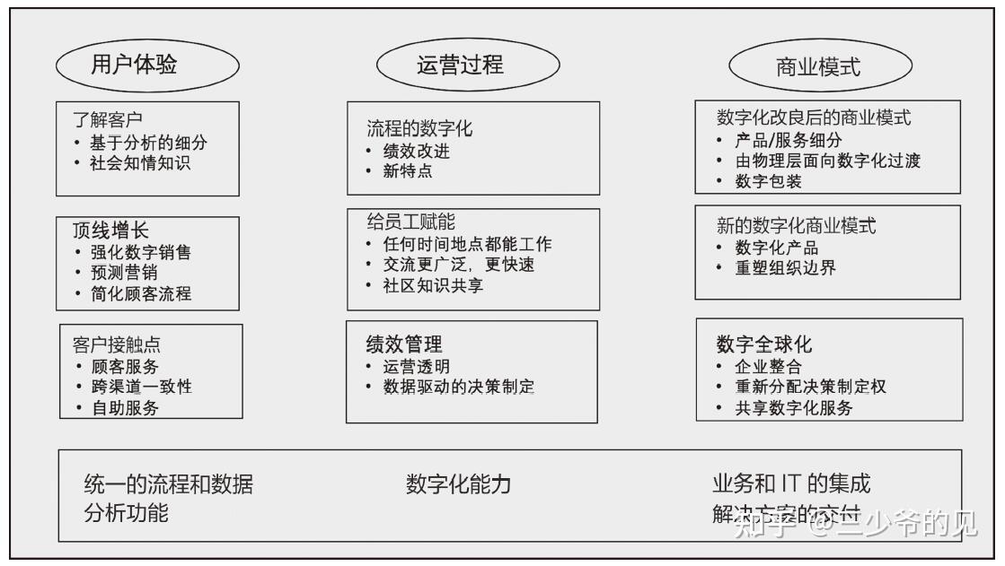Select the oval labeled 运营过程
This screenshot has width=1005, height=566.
(x=460, y=65)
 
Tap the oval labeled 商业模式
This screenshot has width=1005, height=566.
(x=818, y=67)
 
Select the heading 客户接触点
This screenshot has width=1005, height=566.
(x=117, y=344)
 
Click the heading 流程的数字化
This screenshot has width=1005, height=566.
(x=419, y=128)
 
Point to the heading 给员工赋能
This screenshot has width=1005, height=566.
(x=411, y=222)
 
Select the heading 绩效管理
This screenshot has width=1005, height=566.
(x=404, y=344)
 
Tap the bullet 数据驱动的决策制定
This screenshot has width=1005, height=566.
(x=458, y=387)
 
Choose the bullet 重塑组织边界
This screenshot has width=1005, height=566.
(x=785, y=268)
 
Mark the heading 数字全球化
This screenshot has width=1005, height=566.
(x=764, y=344)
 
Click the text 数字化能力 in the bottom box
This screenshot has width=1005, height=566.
(x=458, y=485)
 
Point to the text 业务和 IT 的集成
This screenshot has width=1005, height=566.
(x=791, y=484)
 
